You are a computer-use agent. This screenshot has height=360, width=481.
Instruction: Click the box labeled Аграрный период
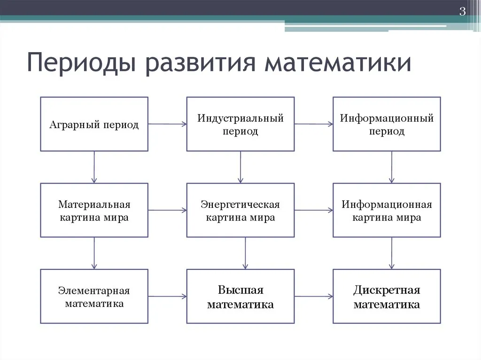(94, 124)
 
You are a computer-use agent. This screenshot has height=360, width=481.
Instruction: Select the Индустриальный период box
(240, 124)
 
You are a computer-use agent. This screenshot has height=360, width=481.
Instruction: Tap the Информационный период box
(387, 124)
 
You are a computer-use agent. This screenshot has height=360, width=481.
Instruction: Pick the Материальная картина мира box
(94, 210)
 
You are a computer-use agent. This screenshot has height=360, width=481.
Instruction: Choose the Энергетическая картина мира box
(240, 210)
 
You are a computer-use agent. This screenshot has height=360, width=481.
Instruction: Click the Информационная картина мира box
(387, 210)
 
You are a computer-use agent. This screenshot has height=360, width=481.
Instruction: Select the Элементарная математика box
(94, 296)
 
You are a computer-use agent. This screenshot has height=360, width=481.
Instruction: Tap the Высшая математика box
(240, 296)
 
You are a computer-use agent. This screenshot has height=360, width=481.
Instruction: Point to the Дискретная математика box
(387, 296)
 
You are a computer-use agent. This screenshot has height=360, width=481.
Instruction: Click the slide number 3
(462, 11)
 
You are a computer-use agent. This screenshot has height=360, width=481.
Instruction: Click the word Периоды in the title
(81, 63)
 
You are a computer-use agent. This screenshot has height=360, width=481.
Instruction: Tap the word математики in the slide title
(338, 63)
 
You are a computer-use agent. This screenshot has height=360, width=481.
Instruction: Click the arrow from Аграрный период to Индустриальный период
(168, 124)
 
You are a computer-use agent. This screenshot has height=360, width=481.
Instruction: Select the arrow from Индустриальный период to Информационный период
(314, 124)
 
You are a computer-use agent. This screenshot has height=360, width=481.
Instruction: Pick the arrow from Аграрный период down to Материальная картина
(94, 167)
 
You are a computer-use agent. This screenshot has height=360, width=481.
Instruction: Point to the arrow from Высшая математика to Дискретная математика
(314, 296)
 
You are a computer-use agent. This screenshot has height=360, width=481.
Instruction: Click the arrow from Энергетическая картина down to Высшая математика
(245, 253)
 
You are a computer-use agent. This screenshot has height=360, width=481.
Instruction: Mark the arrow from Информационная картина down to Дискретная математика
(391, 253)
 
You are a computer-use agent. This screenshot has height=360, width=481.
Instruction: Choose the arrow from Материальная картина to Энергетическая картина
(168, 210)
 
